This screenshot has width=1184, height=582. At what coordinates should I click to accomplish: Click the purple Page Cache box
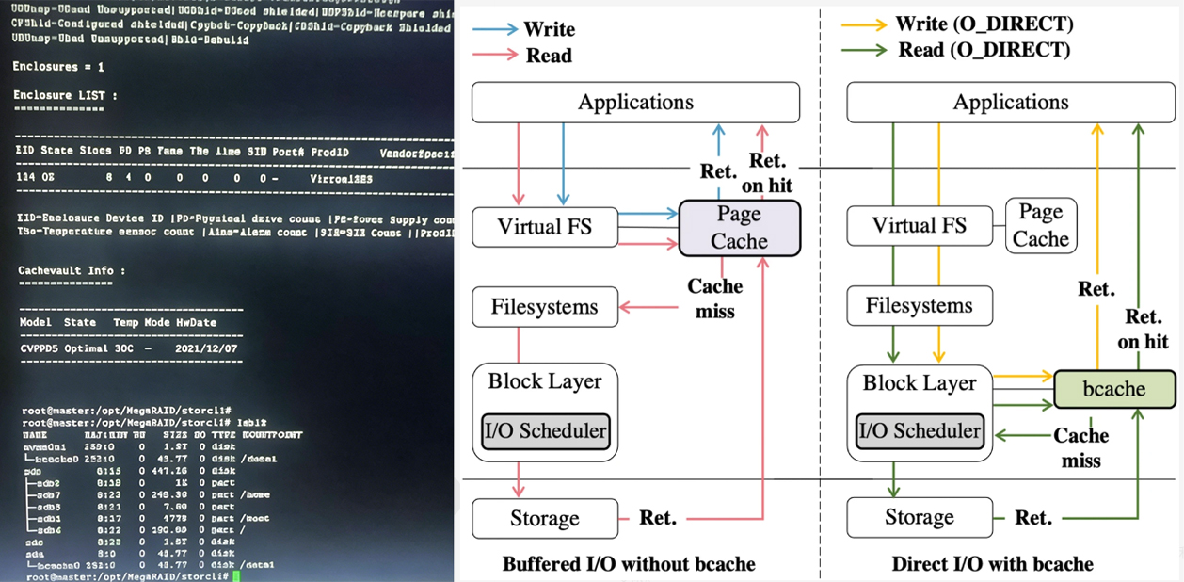pos(739,228)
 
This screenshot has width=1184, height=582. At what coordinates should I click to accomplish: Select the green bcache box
pos(1114,389)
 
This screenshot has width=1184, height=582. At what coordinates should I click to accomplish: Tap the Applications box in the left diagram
pos(635,102)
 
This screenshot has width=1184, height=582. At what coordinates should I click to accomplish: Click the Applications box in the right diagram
pos(1011,102)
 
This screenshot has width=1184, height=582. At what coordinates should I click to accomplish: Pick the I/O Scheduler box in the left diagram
pos(546,431)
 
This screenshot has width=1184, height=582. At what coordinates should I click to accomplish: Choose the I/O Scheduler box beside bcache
pos(920,431)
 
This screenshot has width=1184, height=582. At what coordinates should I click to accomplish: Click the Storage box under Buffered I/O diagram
pos(545,518)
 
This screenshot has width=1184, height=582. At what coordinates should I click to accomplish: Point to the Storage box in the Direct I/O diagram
pos(920,517)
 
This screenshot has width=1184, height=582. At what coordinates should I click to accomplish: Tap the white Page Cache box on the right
pos(1040,225)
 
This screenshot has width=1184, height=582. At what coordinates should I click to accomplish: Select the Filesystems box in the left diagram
pos(545,307)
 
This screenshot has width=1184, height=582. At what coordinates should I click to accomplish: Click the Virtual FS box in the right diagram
pos(920,225)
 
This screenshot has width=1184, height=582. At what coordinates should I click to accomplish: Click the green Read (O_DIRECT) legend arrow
pos(863,51)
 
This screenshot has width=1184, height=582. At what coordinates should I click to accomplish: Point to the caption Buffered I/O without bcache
pos(629,564)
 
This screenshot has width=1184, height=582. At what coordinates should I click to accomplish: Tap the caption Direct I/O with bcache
pos(992,564)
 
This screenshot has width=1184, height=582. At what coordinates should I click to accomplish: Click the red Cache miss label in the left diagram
pos(714,297)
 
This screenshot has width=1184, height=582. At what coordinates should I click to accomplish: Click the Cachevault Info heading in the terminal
pos(72,270)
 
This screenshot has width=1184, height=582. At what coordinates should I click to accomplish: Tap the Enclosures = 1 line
pos(58,67)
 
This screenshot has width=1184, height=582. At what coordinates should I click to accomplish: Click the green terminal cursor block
pos(238,575)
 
